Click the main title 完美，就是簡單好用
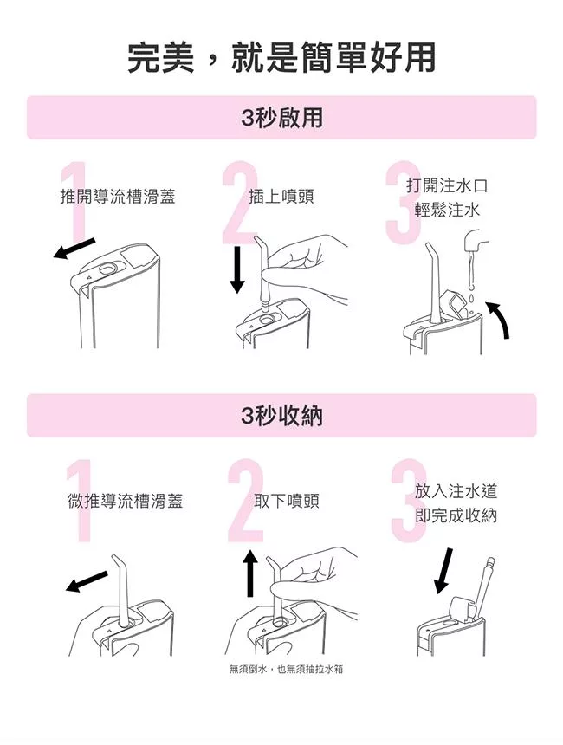coord(281,58)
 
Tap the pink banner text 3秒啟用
coord(281,118)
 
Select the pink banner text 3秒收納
coord(281,416)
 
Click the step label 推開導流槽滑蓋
coord(118,197)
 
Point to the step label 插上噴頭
coord(281,197)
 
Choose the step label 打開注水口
coord(447,185)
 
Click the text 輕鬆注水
coord(447,210)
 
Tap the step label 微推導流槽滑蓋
coord(125,501)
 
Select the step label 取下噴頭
coord(287,501)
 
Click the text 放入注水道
coord(456,491)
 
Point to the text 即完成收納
coord(456,515)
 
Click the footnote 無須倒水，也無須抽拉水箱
coord(286,669)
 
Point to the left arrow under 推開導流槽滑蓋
coord(74,249)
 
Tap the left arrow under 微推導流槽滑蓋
coord(87,581)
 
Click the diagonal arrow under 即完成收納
coord(443,571)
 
